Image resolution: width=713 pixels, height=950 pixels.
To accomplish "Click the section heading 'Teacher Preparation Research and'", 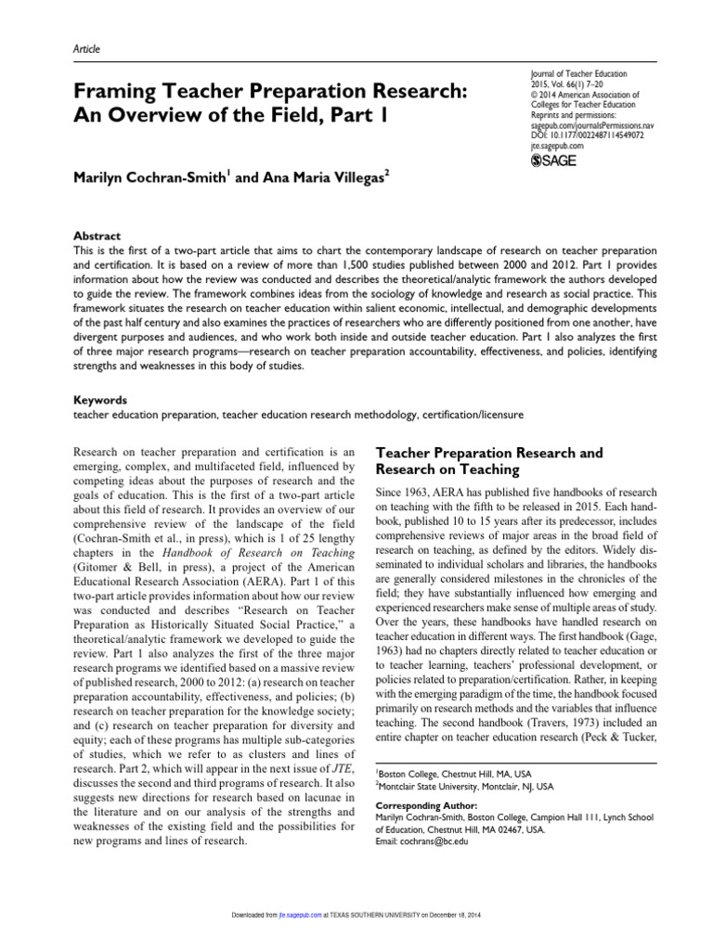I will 488,453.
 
